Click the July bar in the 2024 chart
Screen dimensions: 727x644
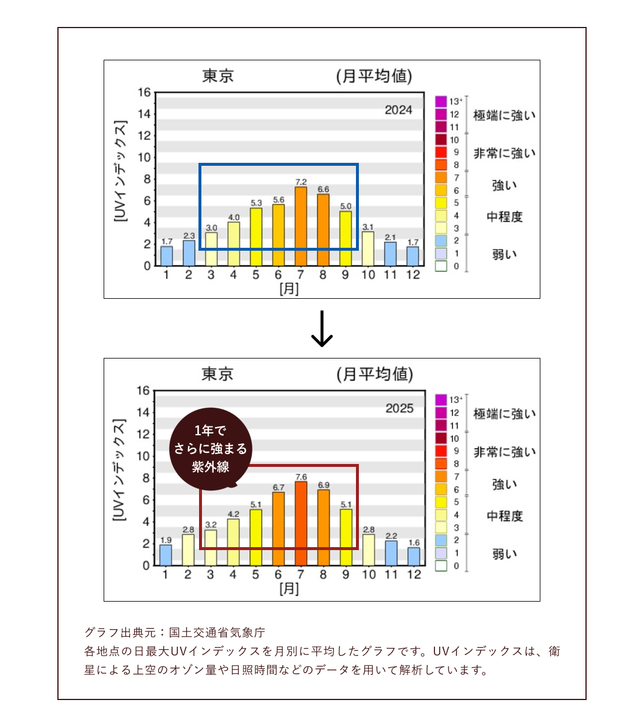coord(300,226)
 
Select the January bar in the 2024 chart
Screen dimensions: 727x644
coord(167,255)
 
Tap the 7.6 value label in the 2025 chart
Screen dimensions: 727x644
coord(301,477)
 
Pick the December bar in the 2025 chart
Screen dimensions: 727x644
coord(414,556)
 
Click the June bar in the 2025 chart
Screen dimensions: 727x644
coord(278,528)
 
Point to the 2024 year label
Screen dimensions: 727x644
coord(398,110)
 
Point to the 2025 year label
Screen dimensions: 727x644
coord(399,408)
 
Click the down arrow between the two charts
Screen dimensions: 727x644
coord(321,329)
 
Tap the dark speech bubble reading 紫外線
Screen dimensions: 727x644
coord(211,449)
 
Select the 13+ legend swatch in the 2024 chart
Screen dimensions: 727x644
coord(441,101)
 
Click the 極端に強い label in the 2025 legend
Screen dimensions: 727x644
coord(505,414)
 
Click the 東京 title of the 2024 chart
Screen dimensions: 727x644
coord(218,76)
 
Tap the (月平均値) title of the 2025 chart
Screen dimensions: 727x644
coord(375,374)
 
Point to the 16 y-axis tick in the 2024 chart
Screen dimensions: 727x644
coord(144,93)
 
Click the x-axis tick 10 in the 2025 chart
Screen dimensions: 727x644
coord(369,575)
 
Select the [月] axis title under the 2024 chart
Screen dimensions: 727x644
coord(289,288)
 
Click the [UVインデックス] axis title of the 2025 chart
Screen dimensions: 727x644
coord(119,470)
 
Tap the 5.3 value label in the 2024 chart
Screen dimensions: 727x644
coord(256,203)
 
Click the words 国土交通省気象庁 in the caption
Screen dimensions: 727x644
coord(217,632)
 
